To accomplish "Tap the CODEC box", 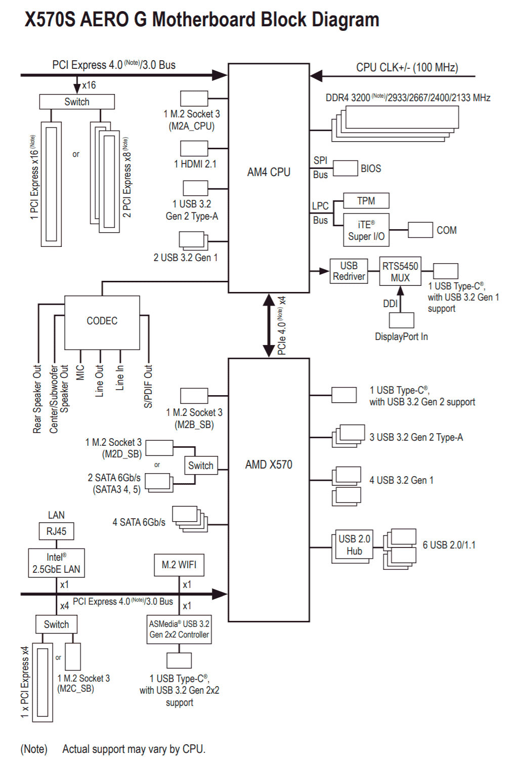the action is [x=102, y=322].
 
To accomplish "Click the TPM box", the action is [x=366, y=201].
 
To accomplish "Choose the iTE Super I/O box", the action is [x=366, y=230].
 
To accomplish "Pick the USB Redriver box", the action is [x=349, y=271].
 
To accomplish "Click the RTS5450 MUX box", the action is [x=400, y=271].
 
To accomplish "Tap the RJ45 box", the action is [x=56, y=531].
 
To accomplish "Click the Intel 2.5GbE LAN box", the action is [x=56, y=563].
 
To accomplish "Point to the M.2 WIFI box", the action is [x=179, y=565].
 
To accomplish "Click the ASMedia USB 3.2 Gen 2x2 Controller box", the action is [x=179, y=629].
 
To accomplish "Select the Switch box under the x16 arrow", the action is [x=77, y=102].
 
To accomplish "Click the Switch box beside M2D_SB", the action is [x=201, y=465].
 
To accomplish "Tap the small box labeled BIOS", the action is [x=345, y=168].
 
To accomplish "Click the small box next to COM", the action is [x=420, y=230].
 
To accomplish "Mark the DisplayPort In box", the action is [x=401, y=320].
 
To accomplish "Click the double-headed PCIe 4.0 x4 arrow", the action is [x=269, y=325].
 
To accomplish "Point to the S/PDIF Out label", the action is [x=148, y=386].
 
